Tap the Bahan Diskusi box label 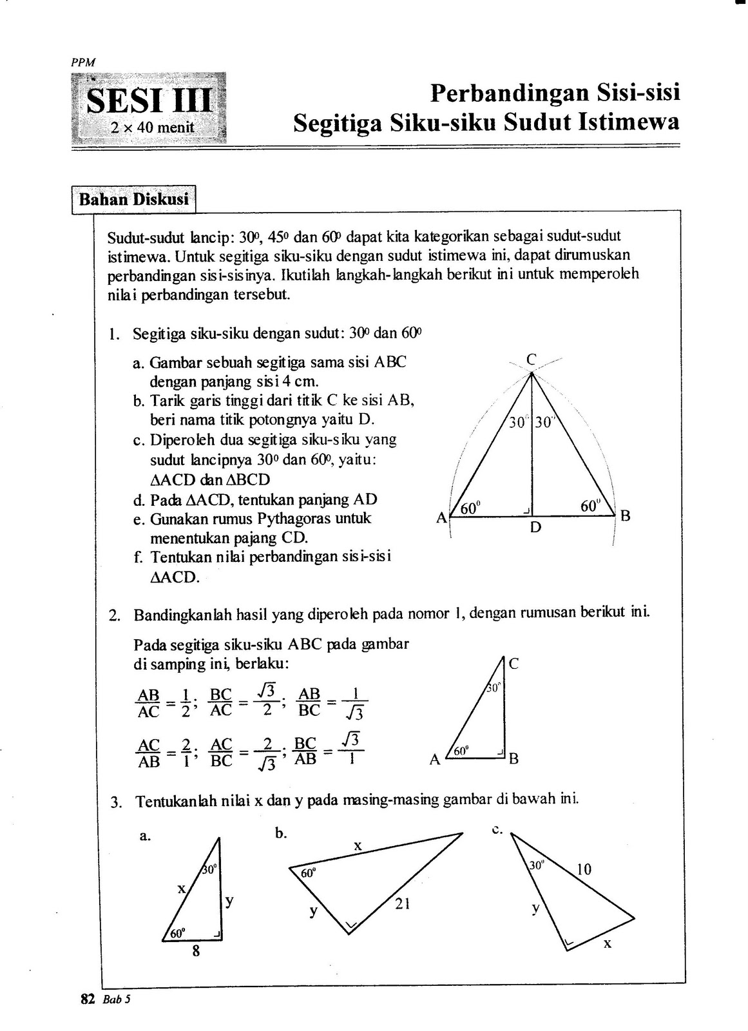point(134,199)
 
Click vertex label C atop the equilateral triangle point(532,360)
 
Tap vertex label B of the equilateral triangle point(624,515)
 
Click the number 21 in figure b point(403,904)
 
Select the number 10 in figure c point(584,869)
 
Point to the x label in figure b point(358,845)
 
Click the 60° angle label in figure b point(309,874)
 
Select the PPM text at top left point(82,63)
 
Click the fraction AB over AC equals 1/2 point(163,703)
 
